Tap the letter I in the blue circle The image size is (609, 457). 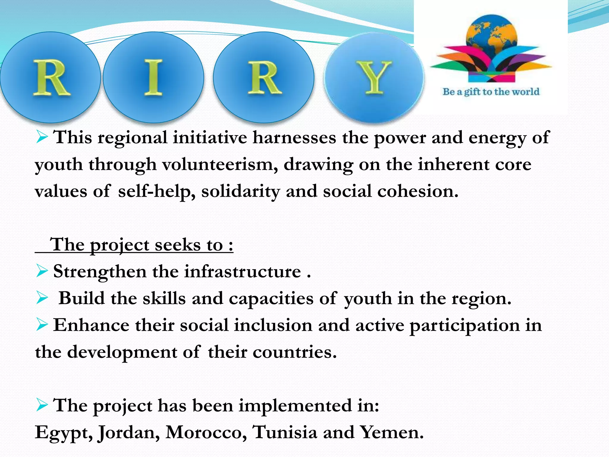point(153,77)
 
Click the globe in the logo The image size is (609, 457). point(491,33)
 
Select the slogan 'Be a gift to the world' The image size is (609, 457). point(491,92)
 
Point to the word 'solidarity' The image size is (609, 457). point(241,191)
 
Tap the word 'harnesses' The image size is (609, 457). point(294,138)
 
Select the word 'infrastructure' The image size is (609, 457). point(242,272)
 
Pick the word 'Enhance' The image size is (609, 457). point(91,325)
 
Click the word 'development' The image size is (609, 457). point(122,352)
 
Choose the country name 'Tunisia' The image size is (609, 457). point(285,432)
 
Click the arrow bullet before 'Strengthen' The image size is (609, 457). point(42,271)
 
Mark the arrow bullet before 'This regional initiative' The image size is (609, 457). point(42,137)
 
